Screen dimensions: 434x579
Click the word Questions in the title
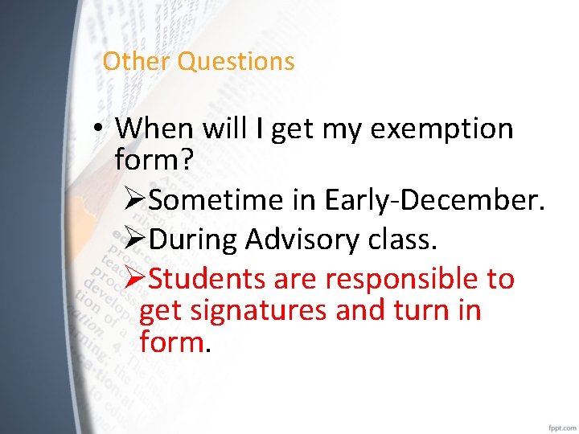pos(236,62)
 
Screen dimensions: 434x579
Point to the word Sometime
pos(216,199)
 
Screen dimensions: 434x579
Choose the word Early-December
pos(435,199)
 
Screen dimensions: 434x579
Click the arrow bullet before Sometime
pos(136,199)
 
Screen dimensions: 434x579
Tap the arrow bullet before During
pos(136,239)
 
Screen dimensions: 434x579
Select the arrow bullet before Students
pos(136,279)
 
